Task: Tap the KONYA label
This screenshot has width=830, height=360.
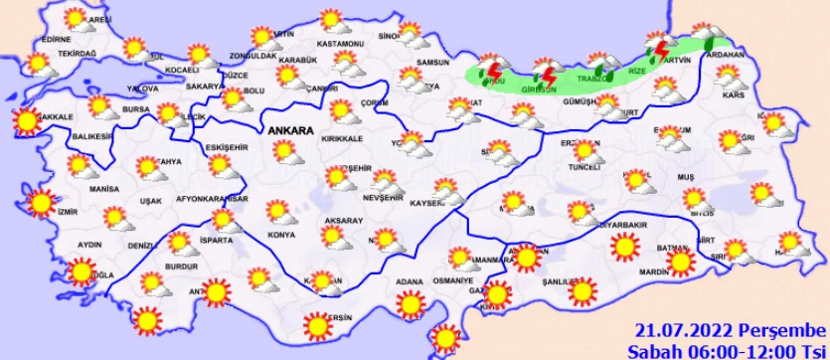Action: [x=281, y=236]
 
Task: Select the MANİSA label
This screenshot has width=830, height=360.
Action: [x=103, y=188]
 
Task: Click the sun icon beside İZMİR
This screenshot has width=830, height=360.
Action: [x=41, y=202]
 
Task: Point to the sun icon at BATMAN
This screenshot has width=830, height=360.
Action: [x=680, y=261]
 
